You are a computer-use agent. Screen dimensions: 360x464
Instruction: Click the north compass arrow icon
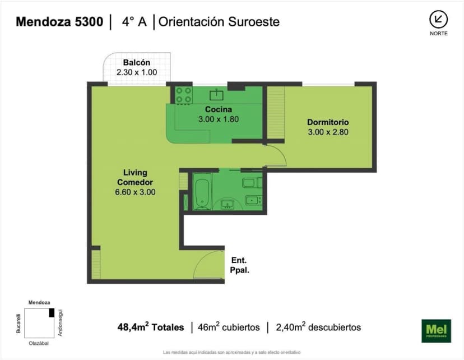438,20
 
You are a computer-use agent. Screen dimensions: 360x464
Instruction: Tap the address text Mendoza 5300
59,22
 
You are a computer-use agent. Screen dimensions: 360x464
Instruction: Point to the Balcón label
137,63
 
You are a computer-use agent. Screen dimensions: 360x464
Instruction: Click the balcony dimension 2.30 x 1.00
137,72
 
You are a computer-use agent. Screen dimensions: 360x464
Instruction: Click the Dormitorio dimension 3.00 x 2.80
328,132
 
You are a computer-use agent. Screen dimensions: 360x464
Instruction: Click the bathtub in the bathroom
202,191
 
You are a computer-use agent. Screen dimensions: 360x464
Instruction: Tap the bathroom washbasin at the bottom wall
228,204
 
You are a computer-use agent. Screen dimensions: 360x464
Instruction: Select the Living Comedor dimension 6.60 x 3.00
135,192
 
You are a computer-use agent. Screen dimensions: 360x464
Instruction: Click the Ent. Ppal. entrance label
239,265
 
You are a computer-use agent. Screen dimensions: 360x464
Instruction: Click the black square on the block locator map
52,313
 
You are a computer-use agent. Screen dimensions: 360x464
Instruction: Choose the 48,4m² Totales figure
150,327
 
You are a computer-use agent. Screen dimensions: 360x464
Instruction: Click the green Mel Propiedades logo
436,330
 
